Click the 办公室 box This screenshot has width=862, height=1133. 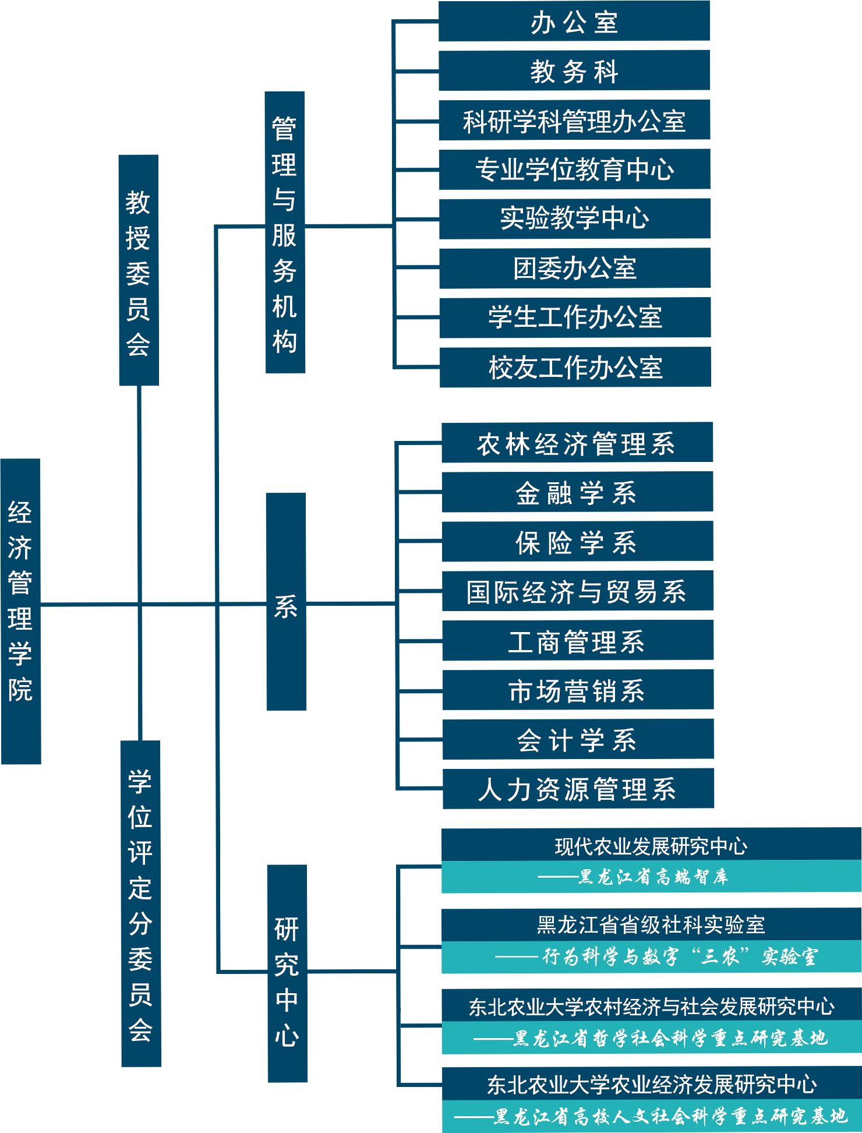tap(574, 22)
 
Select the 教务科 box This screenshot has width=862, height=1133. tap(574, 70)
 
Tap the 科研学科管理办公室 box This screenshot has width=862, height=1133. tap(574, 120)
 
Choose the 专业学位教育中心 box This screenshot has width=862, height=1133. tap(574, 170)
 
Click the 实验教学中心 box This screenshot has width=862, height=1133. tap(574, 218)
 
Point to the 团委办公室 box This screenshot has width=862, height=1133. tap(575, 268)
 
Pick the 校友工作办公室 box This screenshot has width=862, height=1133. tap(575, 367)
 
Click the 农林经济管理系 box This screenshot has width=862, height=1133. tap(577, 443)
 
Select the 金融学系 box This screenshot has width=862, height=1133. tap(577, 492)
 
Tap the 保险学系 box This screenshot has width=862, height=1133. tap(577, 542)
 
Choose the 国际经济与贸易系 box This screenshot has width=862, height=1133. tap(577, 591)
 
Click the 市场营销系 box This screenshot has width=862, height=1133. tap(578, 690)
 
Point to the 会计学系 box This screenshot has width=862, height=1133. tap(578, 739)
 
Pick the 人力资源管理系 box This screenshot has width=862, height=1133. tap(578, 789)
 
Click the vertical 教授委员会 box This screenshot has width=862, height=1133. tap(139, 270)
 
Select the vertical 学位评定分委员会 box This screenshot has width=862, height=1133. tap(140, 903)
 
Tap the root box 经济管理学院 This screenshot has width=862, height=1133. tap(20, 612)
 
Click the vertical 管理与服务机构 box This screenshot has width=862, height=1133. tap(285, 232)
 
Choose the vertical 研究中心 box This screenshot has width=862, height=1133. tap(287, 973)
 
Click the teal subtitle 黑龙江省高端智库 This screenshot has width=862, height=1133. tap(651, 877)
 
